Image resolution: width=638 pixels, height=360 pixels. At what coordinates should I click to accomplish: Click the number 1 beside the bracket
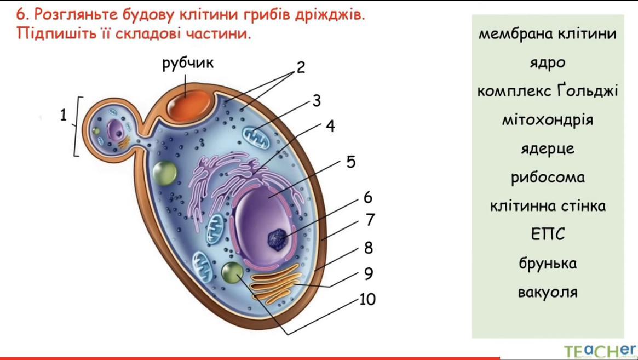[64, 116]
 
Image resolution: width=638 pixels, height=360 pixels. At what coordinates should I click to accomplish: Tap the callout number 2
[301, 67]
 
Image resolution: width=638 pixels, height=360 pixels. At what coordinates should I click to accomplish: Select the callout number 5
[350, 163]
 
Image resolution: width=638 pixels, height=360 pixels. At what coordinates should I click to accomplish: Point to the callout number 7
[370, 220]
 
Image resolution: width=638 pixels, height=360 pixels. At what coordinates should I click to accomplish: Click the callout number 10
[367, 300]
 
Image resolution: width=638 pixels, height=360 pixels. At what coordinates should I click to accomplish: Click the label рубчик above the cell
[188, 64]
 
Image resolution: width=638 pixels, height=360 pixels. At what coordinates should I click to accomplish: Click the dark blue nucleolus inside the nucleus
[278, 237]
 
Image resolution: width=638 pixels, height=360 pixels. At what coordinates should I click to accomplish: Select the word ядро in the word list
[547, 63]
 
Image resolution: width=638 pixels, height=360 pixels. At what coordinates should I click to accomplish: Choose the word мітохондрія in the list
[547, 119]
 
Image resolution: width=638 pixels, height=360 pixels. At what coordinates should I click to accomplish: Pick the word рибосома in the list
[547, 178]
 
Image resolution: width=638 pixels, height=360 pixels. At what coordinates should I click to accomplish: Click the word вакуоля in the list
[547, 292]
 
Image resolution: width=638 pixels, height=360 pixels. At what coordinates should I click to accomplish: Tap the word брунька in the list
[547, 264]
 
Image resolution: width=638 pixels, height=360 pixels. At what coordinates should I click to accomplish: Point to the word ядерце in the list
[547, 148]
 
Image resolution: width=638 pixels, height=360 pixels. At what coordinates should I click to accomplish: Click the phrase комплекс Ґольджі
[547, 91]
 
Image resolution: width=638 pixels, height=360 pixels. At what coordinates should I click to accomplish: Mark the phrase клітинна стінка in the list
[547, 207]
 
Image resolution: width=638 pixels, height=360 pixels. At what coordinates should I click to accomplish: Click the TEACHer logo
[600, 351]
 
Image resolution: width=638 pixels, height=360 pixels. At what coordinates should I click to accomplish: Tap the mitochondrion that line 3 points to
[256, 137]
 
